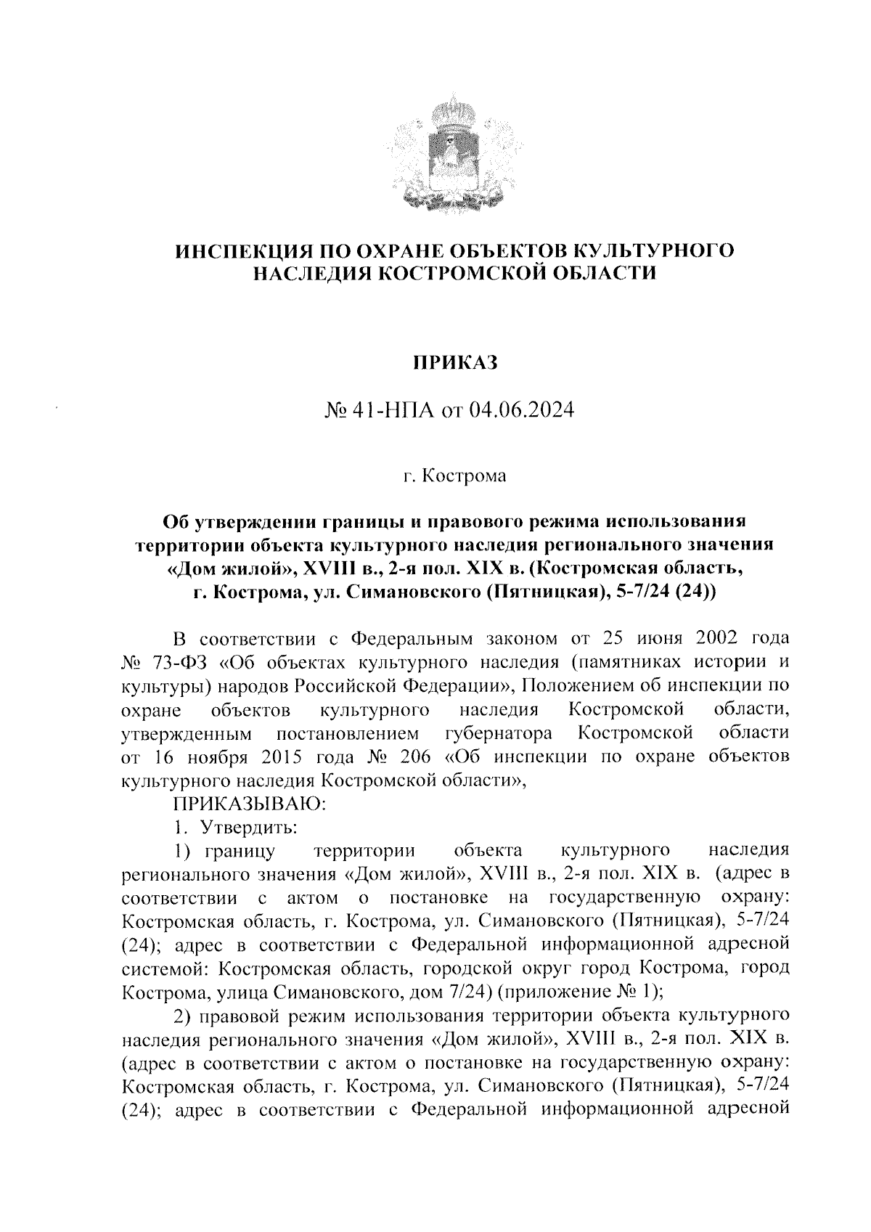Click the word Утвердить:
point(250,827)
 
